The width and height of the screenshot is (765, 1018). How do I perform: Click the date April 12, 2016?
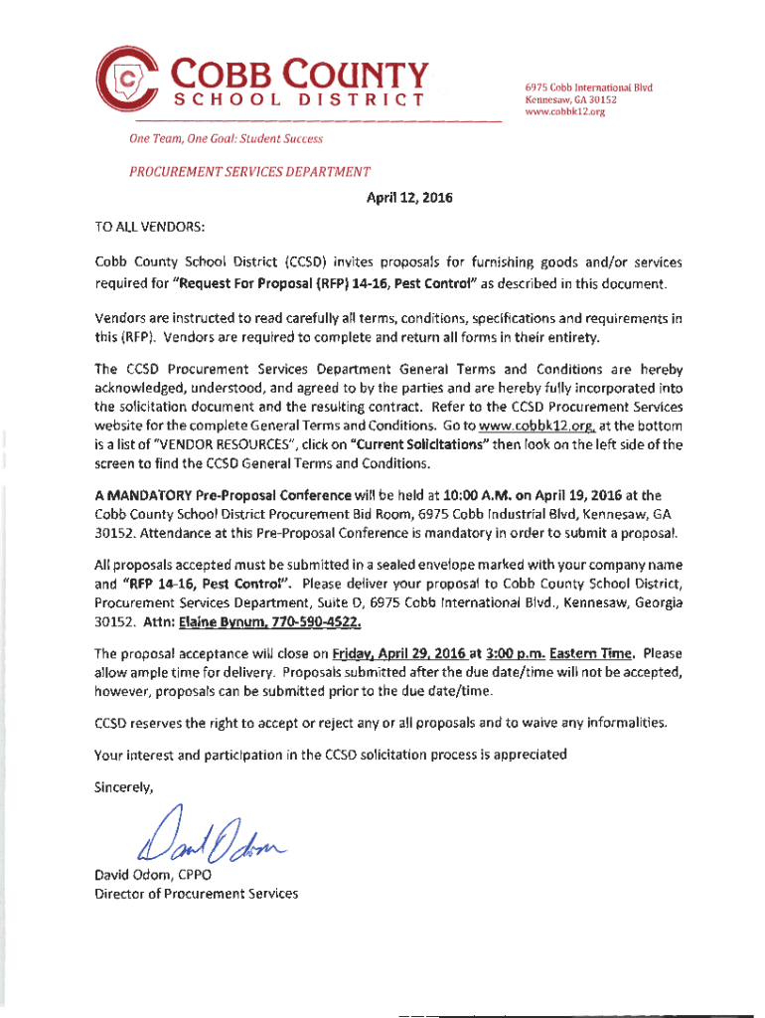pyautogui.click(x=410, y=197)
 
